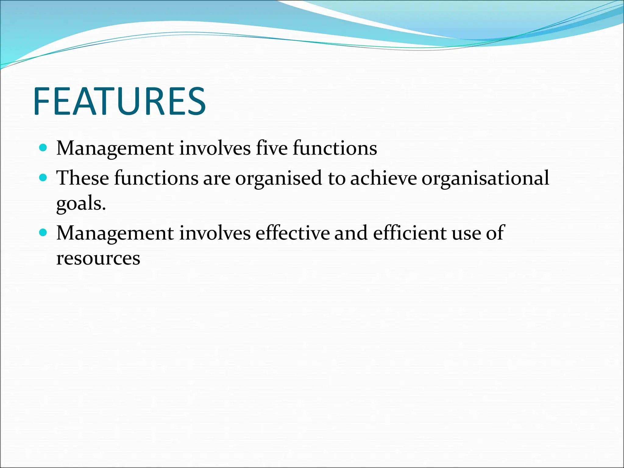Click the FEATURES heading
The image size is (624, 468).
coord(120,101)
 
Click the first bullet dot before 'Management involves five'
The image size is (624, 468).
coord(43,148)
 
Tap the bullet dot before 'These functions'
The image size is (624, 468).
coord(43,178)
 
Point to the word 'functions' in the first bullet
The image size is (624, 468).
coord(335,148)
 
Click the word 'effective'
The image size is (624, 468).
coord(292,233)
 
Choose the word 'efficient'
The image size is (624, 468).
coord(409,233)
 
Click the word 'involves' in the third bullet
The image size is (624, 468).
coord(215,233)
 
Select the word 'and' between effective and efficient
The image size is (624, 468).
coord(351,233)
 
